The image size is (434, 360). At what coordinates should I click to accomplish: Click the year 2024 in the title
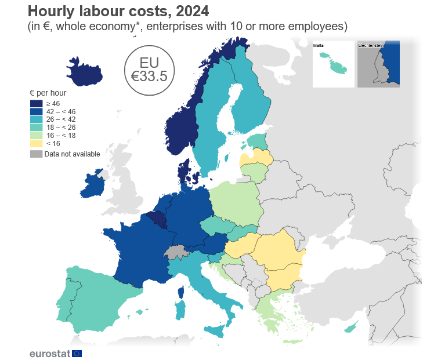click(193, 12)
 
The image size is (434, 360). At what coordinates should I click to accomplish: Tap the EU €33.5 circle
click(150, 71)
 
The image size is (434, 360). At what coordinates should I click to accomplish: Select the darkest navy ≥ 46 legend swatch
click(36, 104)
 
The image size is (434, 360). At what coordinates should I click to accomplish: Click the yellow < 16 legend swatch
click(36, 144)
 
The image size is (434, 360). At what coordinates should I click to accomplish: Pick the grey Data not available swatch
click(36, 154)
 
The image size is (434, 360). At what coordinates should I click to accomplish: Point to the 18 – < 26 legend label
click(61, 128)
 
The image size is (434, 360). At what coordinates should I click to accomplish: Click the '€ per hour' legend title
click(48, 93)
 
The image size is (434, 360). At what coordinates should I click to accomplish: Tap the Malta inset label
click(319, 45)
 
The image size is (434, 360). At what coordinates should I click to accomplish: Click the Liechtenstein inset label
click(371, 45)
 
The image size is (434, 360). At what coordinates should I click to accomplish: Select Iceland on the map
click(84, 72)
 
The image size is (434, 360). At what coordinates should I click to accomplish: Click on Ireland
click(92, 184)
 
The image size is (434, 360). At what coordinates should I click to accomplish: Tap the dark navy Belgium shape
click(157, 219)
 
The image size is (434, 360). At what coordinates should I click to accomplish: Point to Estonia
click(258, 141)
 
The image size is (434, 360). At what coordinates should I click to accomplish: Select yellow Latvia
click(256, 158)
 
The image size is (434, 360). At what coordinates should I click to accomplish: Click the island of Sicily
click(215, 331)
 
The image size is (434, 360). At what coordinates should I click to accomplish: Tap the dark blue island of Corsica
click(181, 292)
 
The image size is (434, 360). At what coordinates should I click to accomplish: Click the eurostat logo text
click(50, 354)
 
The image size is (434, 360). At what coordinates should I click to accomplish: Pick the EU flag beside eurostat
click(77, 354)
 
